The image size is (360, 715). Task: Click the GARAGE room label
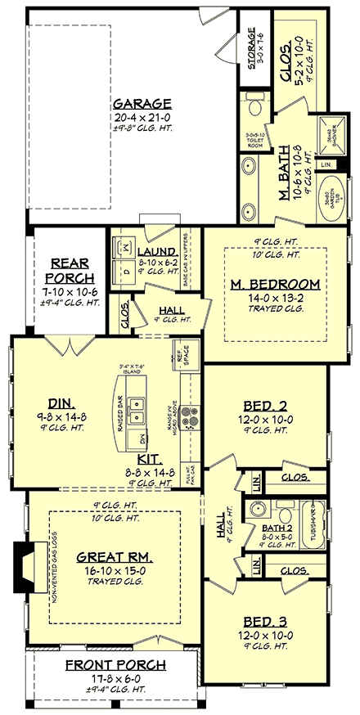coord(142,104)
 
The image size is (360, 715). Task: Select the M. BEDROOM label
coord(264,284)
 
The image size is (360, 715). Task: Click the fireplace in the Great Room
coord(22,564)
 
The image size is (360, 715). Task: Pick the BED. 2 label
coord(264,405)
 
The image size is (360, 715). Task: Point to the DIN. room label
coord(61,402)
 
